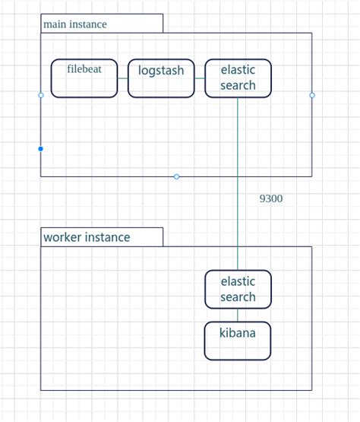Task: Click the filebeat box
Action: [84, 78]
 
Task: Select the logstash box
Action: [161, 78]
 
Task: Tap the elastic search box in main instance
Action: [238, 78]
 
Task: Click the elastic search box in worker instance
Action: [238, 289]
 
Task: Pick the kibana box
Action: [238, 341]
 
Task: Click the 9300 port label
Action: [270, 198]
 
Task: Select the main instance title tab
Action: [102, 24]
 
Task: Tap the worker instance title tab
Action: [102, 237]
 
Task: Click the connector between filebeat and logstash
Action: [123, 78]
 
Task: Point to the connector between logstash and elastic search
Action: [200, 78]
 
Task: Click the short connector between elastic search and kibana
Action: [238, 315]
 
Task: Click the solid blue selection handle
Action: [41, 149]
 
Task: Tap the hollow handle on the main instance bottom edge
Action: [176, 176]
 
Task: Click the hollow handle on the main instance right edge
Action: [312, 95]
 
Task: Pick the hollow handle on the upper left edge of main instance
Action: [41, 95]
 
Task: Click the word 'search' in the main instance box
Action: [238, 86]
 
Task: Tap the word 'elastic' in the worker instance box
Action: [238, 281]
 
